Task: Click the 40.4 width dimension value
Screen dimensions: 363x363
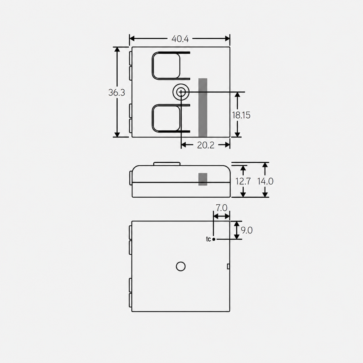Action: (180, 39)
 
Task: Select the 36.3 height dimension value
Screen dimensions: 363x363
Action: (117, 92)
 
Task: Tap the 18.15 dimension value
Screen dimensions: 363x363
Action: (241, 115)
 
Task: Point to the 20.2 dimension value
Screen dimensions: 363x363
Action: (206, 145)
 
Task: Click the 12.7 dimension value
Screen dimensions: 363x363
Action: (243, 181)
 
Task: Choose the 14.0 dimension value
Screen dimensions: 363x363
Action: (266, 181)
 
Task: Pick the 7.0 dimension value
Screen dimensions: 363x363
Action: (221, 208)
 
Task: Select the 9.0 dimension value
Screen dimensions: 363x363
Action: (247, 230)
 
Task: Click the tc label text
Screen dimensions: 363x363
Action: (208, 239)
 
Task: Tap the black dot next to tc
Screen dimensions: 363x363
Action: (214, 239)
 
